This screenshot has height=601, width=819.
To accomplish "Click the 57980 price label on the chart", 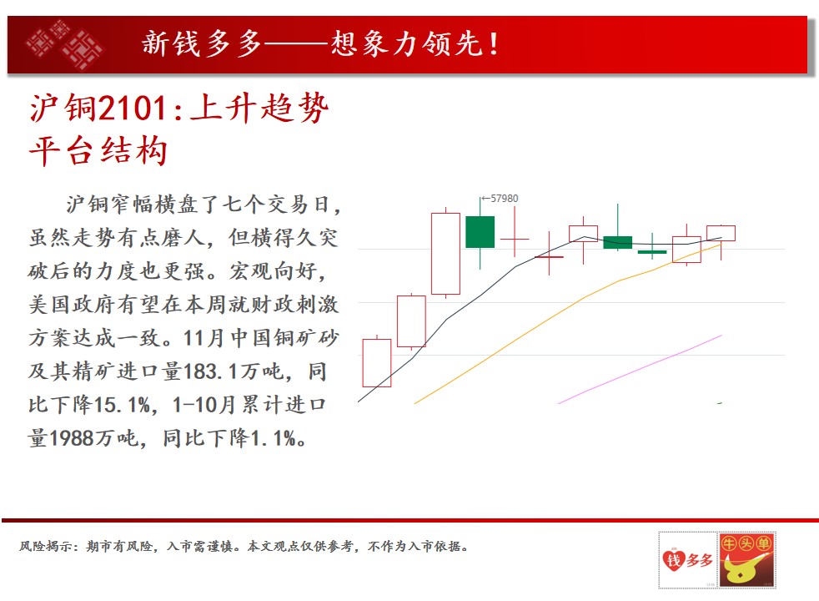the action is (504, 199).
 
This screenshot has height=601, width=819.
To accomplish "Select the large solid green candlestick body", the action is (480, 231).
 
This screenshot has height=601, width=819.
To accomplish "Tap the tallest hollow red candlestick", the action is (445, 254).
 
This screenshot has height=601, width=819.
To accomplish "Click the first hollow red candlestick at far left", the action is (377, 363).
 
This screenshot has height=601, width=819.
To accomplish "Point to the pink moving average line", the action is (640, 370).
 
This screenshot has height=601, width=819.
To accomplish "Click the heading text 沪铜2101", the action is (98, 109).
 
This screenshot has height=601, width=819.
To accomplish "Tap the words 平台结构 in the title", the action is (98, 151).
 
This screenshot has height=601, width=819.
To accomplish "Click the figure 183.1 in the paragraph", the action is (211, 371).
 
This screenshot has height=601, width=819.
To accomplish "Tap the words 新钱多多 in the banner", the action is (202, 43).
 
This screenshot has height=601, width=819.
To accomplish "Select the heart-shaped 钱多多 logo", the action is (688, 561).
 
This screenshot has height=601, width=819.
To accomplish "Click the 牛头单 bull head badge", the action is (747, 560).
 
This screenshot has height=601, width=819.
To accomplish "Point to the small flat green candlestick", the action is (652, 252).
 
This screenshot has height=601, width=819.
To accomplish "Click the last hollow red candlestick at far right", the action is (721, 233).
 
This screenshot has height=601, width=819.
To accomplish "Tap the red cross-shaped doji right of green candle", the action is (515, 239).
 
